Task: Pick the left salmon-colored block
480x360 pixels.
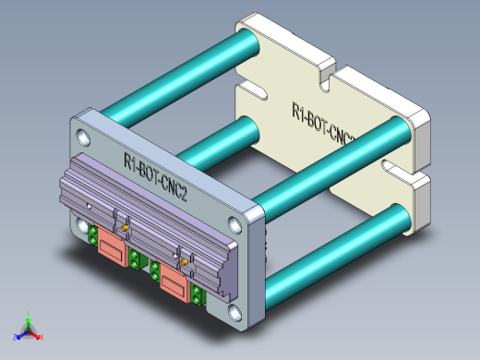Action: (x=113, y=248)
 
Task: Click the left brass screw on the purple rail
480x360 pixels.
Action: (x=121, y=227)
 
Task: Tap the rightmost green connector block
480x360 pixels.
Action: (x=198, y=296)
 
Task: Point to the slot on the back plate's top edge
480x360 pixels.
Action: (x=326, y=80)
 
